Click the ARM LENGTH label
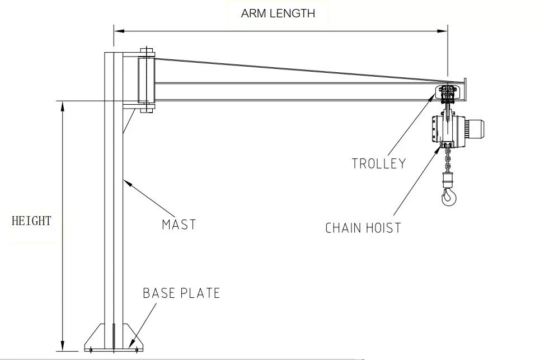pyautogui.click(x=278, y=13)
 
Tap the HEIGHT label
pyautogui.click(x=31, y=221)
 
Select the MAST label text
pyautogui.click(x=179, y=225)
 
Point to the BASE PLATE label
pyautogui.click(x=181, y=293)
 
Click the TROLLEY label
pyautogui.click(x=378, y=163)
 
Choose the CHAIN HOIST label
pyautogui.click(x=363, y=228)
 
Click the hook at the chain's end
pyautogui.click(x=448, y=197)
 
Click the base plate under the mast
pyautogui.click(x=114, y=338)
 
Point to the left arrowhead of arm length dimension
pyautogui.click(x=119, y=31)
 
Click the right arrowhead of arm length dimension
pyautogui.click(x=443, y=31)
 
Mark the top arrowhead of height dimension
pyautogui.click(x=63, y=106)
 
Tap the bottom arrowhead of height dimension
pyautogui.click(x=63, y=345)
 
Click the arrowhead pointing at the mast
pyautogui.click(x=128, y=183)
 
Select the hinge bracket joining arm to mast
pyautogui.click(x=147, y=80)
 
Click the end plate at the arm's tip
pyautogui.click(x=465, y=90)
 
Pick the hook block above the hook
pyautogui.click(x=447, y=179)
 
